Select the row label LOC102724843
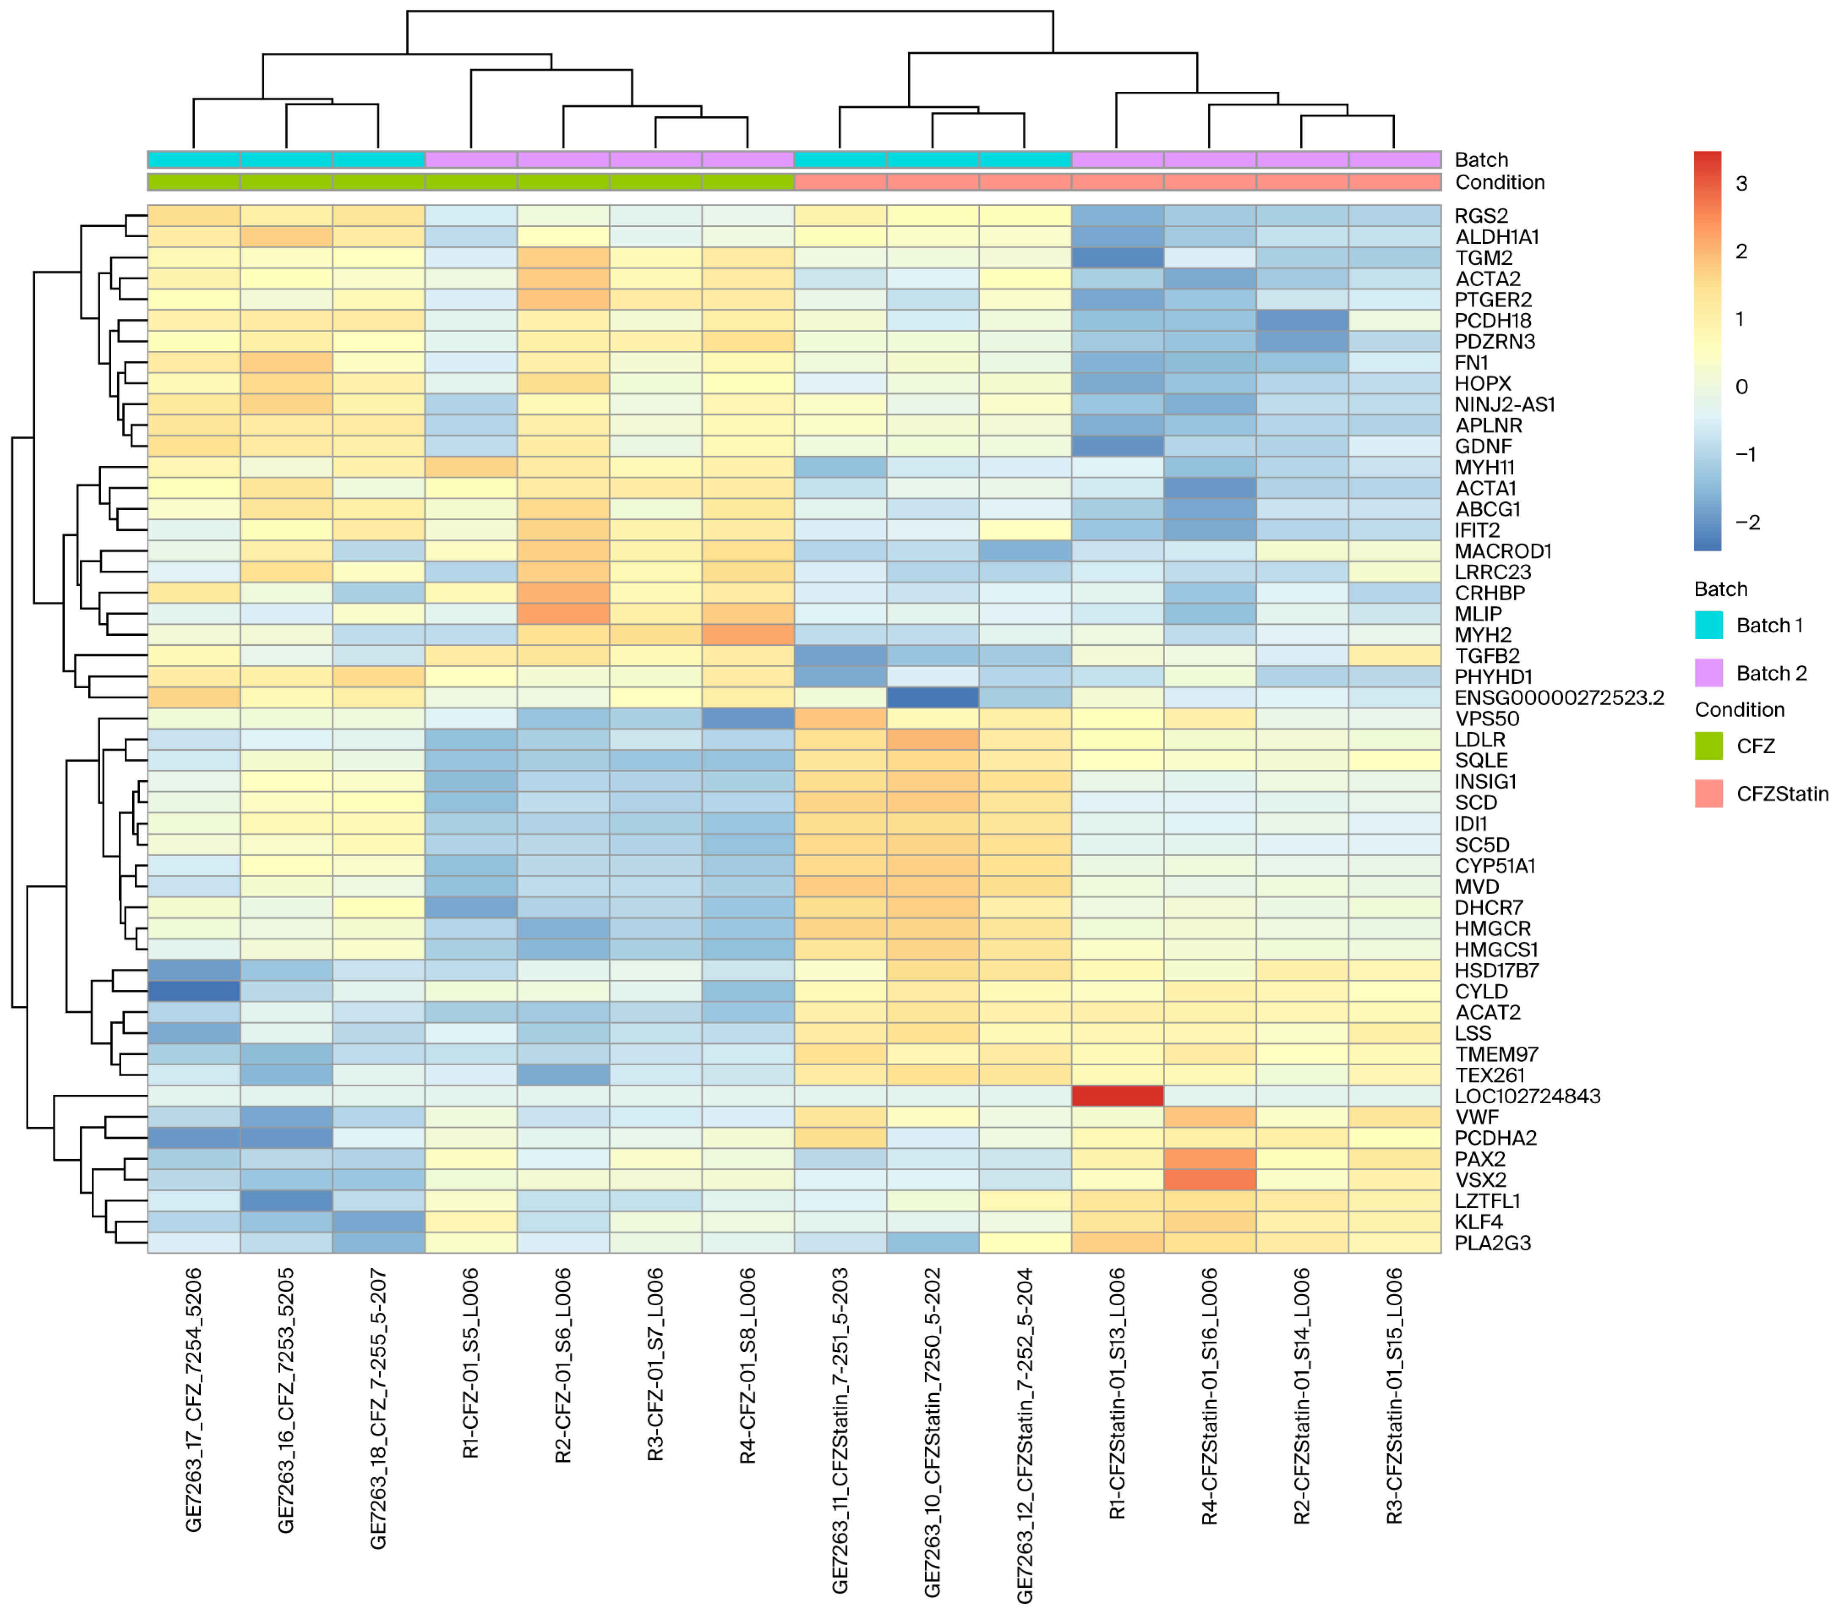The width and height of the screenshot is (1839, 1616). click(1527, 1096)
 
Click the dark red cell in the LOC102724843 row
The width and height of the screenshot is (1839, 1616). click(1118, 1096)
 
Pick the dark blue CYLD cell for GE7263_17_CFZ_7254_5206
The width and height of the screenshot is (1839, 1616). click(194, 991)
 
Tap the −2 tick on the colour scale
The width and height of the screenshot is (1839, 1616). click(1746, 522)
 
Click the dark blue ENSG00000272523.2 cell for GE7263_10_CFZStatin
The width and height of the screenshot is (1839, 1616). click(932, 697)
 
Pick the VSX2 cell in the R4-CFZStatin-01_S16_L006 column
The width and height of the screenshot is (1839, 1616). click(1210, 1180)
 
